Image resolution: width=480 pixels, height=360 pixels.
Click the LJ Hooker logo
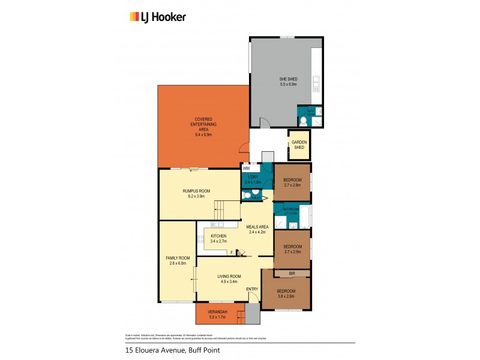pyautogui.click(x=158, y=17)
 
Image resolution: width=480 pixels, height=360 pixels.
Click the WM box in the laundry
pyautogui.click(x=246, y=169)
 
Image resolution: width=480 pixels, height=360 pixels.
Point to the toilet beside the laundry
pyautogui.click(x=246, y=196)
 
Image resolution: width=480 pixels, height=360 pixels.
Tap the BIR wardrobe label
pyautogui.click(x=292, y=274)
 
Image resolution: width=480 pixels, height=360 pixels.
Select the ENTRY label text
pyautogui.click(x=252, y=289)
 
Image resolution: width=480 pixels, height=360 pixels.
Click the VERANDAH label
pyautogui.click(x=217, y=311)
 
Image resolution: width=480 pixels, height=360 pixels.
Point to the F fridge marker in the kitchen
pyautogui.click(x=231, y=253)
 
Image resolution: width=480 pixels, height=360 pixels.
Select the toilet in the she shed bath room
pyautogui.click(x=304, y=121)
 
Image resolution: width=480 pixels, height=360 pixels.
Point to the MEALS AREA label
pyautogui.click(x=256, y=227)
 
